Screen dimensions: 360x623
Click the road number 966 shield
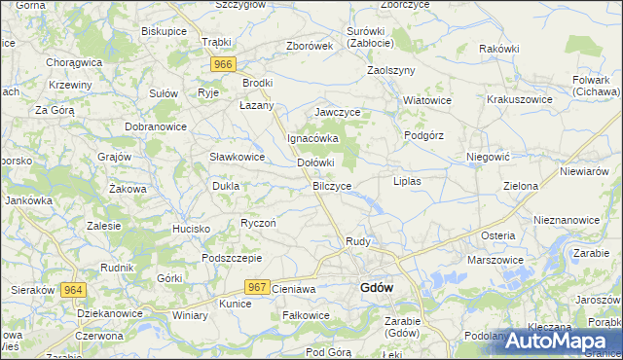click(224, 64)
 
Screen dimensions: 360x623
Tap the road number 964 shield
click(73, 290)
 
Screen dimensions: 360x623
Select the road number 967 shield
click(257, 286)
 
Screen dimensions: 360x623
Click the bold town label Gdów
click(376, 287)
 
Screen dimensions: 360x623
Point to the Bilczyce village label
click(332, 184)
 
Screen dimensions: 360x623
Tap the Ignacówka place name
click(311, 137)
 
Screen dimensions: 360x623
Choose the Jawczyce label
click(338, 112)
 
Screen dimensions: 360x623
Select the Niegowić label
click(489, 156)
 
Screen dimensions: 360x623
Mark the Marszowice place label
click(495, 260)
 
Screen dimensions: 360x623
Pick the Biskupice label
click(164, 31)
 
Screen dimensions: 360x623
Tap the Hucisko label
click(192, 228)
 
